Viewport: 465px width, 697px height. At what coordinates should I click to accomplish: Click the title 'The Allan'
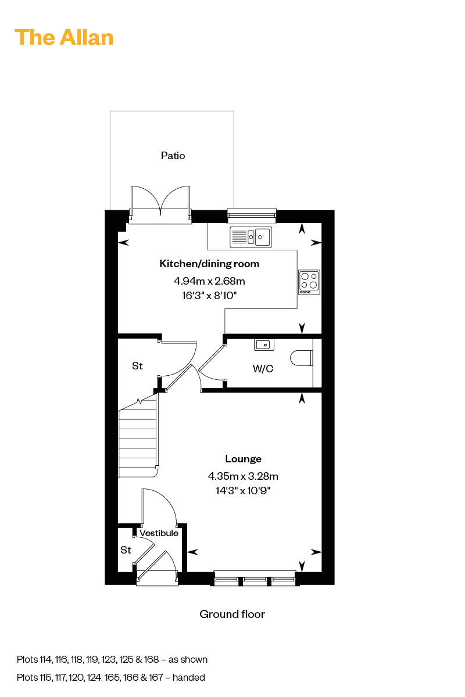click(x=64, y=38)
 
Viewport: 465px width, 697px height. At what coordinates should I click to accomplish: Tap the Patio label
click(x=173, y=156)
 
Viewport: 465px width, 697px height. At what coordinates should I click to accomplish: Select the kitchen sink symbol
click(x=251, y=237)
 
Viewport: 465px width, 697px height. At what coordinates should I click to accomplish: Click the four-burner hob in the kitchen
click(x=309, y=282)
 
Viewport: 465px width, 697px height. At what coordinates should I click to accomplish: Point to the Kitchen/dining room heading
click(x=209, y=264)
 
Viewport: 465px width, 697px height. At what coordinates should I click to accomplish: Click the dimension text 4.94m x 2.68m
click(x=209, y=281)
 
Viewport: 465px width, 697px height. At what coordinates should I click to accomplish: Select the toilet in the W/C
click(x=302, y=358)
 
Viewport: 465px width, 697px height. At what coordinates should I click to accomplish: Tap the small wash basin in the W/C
click(x=264, y=345)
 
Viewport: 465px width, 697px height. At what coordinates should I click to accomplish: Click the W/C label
click(x=263, y=369)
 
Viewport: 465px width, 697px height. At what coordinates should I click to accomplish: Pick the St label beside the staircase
click(x=137, y=366)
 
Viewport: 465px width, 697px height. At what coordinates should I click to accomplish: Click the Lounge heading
click(x=243, y=459)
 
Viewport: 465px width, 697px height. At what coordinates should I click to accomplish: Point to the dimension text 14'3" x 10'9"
click(x=243, y=491)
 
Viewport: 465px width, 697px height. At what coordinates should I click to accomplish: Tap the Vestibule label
click(x=159, y=533)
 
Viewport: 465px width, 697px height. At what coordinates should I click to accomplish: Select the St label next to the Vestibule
click(x=126, y=550)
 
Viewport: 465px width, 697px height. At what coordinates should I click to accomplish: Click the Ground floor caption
click(x=233, y=615)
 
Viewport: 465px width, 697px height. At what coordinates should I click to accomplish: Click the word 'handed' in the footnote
click(x=189, y=677)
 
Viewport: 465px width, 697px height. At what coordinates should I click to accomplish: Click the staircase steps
click(x=137, y=439)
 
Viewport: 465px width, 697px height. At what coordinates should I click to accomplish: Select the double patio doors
click(x=160, y=204)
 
